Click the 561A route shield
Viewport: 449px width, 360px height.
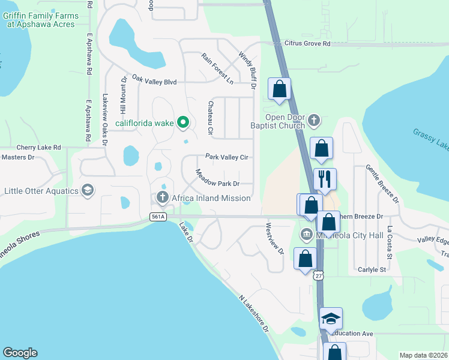(x=158, y=217)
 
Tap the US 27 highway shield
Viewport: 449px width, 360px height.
(x=318, y=273)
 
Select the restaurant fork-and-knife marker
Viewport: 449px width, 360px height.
(x=325, y=179)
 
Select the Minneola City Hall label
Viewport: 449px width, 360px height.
(x=349, y=235)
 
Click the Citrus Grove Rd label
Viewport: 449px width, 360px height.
(x=307, y=44)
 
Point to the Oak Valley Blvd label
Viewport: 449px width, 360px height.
(x=154, y=80)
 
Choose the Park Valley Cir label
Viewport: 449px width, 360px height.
(x=228, y=157)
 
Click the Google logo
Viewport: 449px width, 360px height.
(x=20, y=353)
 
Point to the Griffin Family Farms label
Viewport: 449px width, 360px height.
(x=40, y=20)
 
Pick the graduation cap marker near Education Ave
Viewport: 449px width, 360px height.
(x=331, y=319)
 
